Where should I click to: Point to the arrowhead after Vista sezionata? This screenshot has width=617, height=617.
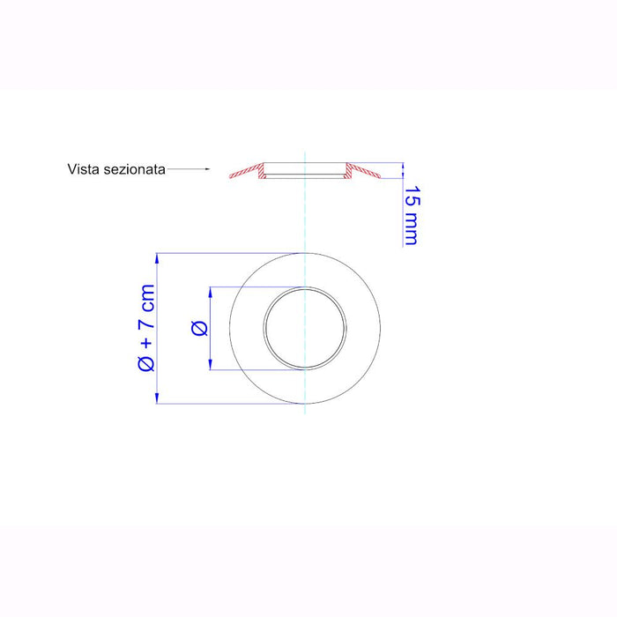pos(207,169)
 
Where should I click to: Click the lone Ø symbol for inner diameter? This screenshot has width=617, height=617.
pos(199,328)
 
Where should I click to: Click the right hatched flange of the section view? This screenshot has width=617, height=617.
pos(362,171)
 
